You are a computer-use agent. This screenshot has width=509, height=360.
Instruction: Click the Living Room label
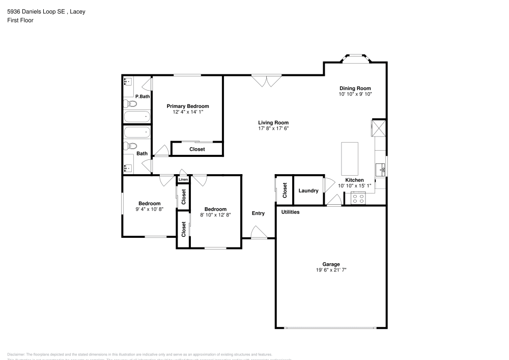point(273,122)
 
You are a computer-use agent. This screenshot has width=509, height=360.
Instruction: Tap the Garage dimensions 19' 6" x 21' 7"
point(331,270)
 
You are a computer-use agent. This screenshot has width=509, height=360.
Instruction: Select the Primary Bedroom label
point(188,106)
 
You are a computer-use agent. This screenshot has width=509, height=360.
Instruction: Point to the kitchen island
point(349,158)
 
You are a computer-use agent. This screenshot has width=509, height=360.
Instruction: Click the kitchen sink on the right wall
point(380,169)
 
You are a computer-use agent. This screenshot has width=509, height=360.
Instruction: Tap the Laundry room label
point(308,191)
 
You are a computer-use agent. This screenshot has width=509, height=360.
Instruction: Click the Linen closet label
point(183,180)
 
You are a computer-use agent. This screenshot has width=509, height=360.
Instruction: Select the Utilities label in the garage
point(290,212)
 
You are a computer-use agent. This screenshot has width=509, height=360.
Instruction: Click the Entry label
point(258,213)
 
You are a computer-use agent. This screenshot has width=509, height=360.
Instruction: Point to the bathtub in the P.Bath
point(137,117)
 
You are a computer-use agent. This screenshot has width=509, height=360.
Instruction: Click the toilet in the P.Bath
point(130,104)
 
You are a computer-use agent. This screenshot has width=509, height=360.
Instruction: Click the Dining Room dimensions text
point(355,94)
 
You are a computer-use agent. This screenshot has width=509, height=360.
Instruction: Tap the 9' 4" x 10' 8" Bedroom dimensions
point(150,209)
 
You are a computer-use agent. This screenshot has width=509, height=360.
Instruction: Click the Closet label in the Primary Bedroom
point(197,149)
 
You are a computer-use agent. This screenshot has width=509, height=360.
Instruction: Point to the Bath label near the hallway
point(142,153)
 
